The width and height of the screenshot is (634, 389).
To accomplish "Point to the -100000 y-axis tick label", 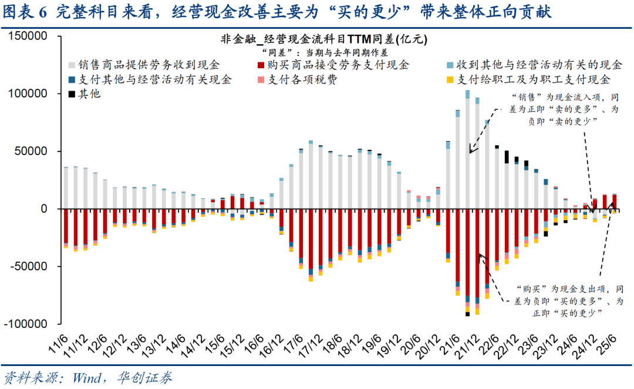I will click(x=26, y=324).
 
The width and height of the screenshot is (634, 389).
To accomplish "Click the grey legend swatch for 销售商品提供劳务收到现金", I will click(x=72, y=65).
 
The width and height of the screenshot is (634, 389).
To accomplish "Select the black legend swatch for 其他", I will click(x=72, y=93).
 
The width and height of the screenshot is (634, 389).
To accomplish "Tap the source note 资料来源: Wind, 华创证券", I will click(x=88, y=377).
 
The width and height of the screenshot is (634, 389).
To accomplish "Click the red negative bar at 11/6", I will click(x=66, y=226).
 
